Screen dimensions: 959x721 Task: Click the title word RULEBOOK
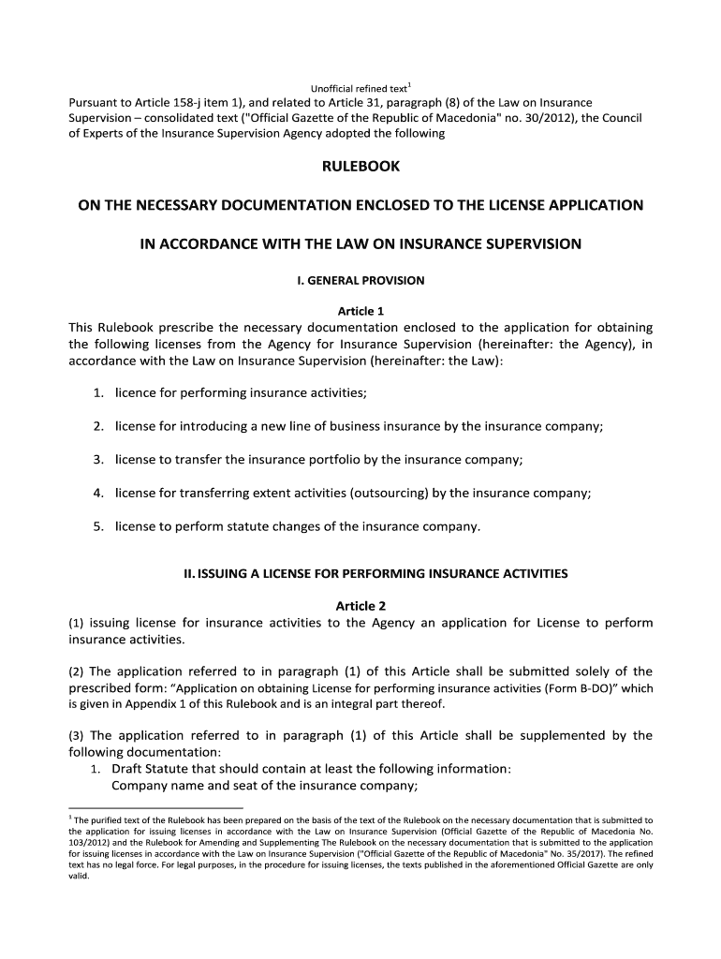(x=360, y=166)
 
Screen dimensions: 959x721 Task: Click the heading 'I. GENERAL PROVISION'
(x=360, y=280)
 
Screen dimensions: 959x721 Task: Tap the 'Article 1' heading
(x=360, y=311)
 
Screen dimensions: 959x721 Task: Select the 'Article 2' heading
(x=360, y=606)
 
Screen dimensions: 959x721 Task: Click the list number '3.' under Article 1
(x=97, y=459)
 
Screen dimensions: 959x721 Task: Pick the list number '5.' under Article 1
(x=97, y=526)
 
